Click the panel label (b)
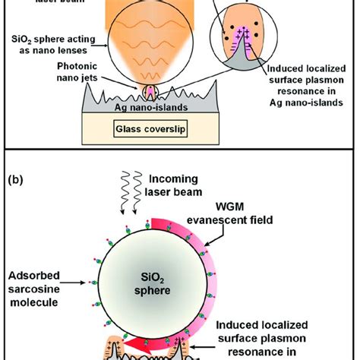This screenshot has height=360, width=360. tap(21, 182)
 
